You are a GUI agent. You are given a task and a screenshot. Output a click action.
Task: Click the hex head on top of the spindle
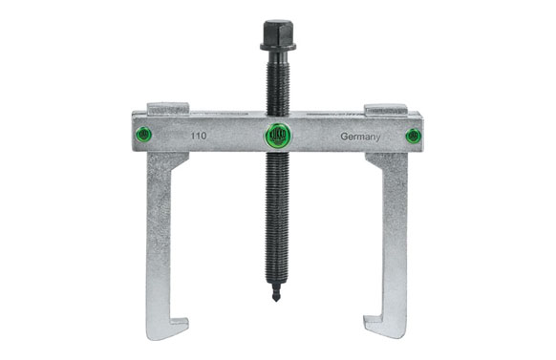point(277,31)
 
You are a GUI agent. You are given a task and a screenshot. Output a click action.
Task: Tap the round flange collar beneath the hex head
point(277,47)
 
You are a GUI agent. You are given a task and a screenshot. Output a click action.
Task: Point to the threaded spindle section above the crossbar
point(277,81)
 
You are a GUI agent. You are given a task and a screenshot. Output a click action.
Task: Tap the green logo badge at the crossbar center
point(277,135)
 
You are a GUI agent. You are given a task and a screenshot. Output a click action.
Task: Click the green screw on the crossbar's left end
point(143,135)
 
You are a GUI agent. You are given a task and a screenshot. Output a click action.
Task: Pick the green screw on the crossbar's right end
point(412,136)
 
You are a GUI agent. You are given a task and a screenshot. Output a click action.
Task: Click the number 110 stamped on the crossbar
point(197,137)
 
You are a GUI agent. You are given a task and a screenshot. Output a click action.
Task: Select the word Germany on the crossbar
point(360,137)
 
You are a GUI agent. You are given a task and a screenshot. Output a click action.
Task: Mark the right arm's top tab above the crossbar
point(386,108)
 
